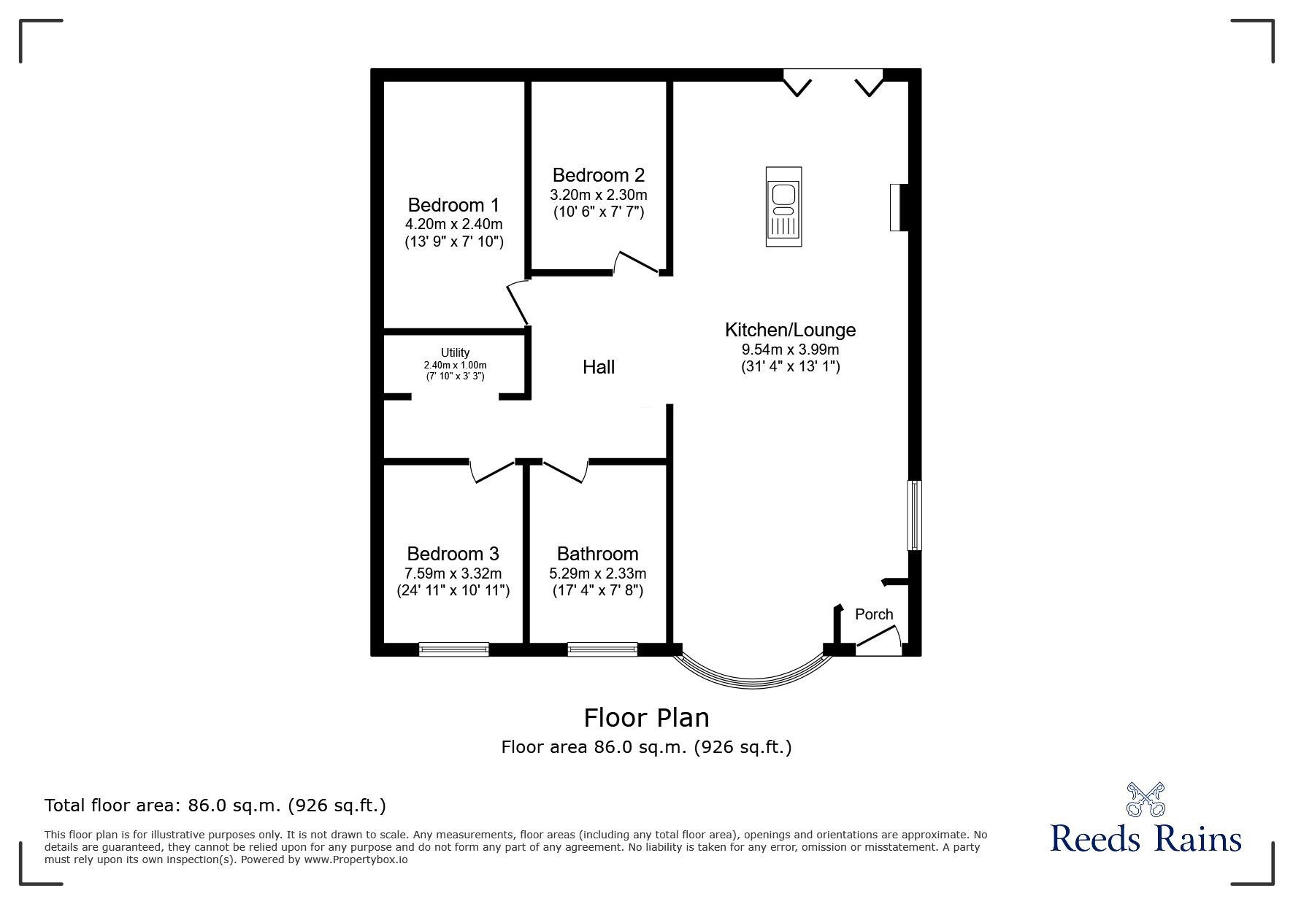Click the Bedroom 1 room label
(453, 205)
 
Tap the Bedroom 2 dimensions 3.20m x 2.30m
(598, 196)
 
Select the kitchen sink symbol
(783, 206)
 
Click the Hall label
(598, 367)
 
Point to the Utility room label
(455, 353)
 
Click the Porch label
(873, 614)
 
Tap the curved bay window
(752, 675)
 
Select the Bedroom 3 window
(453, 649)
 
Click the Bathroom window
(602, 649)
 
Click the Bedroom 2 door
(636, 262)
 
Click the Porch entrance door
(878, 638)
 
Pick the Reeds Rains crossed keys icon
(1146, 800)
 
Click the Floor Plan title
(646, 718)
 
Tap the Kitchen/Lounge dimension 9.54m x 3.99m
(790, 349)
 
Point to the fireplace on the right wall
(899, 207)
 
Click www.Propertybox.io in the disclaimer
(356, 859)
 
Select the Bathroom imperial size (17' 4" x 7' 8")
(597, 590)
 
